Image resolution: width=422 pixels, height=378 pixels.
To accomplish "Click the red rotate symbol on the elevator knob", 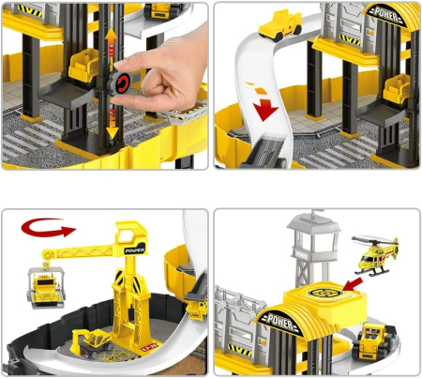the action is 122,83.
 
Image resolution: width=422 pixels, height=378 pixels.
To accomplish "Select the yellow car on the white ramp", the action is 280,25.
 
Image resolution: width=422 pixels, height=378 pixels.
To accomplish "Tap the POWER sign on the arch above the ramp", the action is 386,14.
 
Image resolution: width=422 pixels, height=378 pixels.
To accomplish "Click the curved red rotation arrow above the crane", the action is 48,227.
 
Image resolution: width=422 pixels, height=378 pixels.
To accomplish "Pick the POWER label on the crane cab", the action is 135,249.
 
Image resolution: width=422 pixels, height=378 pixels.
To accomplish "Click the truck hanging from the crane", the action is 47,287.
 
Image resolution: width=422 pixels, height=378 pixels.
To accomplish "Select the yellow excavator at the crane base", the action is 91,342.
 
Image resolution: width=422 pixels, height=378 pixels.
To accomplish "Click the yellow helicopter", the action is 376,255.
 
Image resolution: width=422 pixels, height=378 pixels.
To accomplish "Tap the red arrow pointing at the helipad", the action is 353,284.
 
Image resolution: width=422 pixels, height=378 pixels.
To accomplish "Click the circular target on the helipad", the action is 324,294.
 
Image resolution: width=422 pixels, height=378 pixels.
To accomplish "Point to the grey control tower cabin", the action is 313,226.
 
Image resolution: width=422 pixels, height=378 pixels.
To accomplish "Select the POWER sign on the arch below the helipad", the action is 280,322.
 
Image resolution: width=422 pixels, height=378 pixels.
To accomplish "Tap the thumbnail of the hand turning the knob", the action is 105,86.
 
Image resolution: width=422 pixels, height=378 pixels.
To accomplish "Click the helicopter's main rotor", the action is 373,241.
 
